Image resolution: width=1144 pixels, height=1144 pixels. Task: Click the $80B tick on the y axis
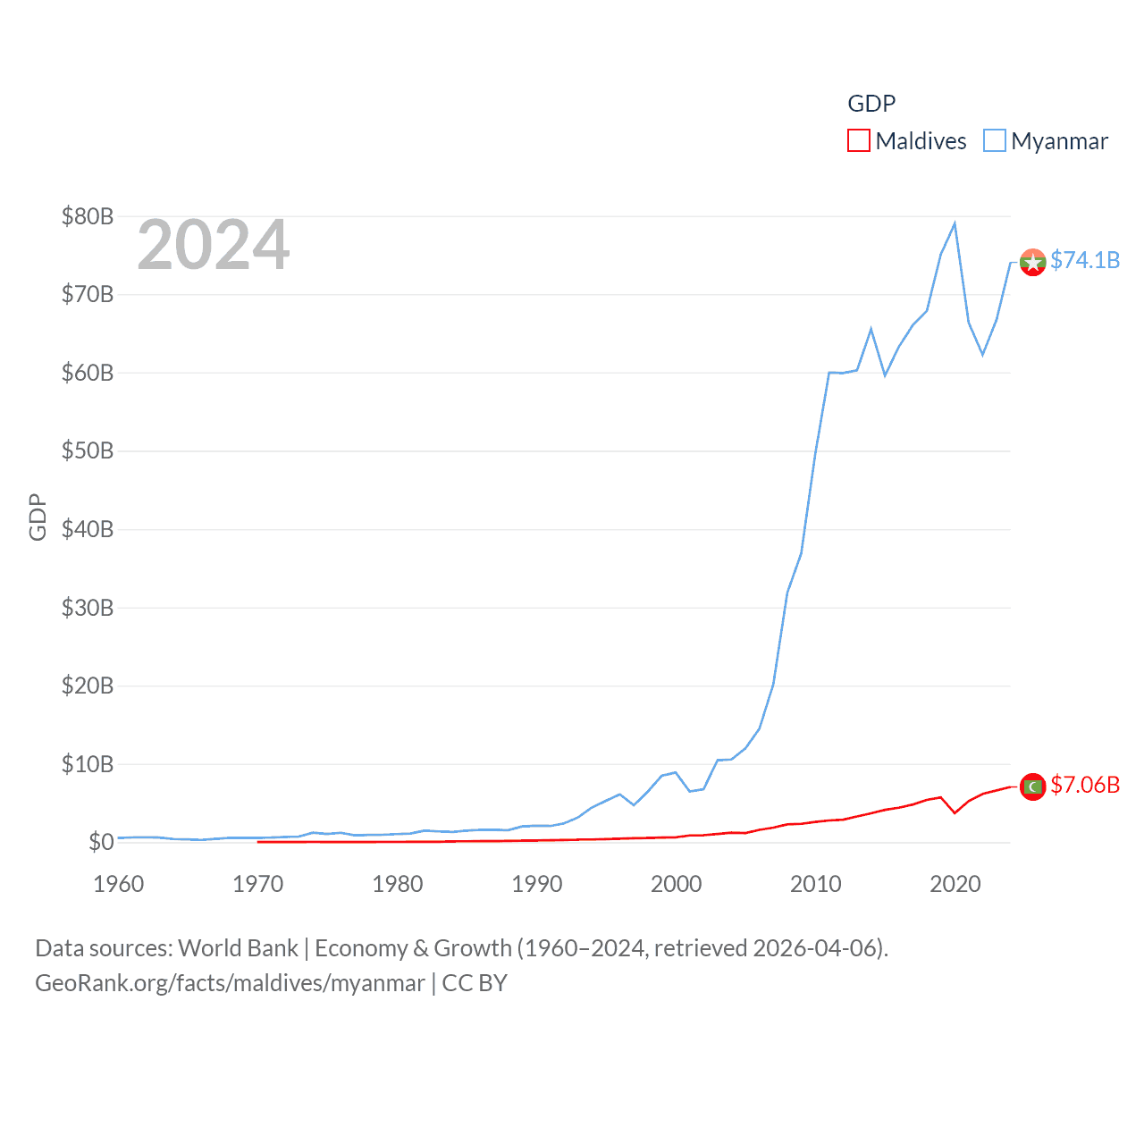coord(87,216)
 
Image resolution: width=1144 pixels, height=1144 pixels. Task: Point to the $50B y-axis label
coord(87,450)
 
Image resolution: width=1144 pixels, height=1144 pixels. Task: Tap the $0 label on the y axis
coord(100,842)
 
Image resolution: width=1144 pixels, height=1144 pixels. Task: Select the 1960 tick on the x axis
coord(119,884)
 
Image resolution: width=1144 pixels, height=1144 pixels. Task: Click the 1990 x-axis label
coord(537,884)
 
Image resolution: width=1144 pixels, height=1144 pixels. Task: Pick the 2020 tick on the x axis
coord(955,884)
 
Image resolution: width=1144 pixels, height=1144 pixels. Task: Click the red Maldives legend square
coord(859,140)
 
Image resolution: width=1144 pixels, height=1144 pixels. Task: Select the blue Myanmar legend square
coord(995,140)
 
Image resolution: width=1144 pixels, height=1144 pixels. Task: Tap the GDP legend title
coord(871,104)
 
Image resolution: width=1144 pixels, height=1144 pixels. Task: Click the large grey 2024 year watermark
coord(213,245)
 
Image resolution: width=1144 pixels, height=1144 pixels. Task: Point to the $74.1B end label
coord(1085,260)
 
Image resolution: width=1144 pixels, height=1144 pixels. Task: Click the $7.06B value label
coord(1085,785)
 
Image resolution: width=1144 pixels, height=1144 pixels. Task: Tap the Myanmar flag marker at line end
coord(1032,263)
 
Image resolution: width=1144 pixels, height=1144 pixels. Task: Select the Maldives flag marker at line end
coord(1032,786)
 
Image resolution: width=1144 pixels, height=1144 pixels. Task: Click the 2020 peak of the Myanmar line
coord(955,223)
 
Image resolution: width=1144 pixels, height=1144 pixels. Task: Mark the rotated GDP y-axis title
coord(38,517)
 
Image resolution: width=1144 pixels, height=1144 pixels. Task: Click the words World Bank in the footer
coord(238,947)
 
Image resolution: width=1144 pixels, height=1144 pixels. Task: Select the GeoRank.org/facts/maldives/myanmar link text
coord(230,983)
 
